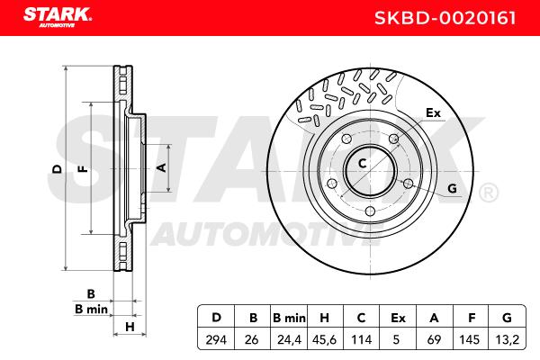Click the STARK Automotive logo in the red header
click(58, 17)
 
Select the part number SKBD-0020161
click(445, 18)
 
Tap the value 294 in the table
click(216, 339)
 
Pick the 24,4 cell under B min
click(289, 340)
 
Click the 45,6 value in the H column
click(324, 340)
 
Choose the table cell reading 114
click(361, 339)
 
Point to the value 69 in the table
click(434, 339)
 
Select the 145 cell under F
click(469, 339)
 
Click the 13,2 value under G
click(508, 340)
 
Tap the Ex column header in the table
click(398, 318)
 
